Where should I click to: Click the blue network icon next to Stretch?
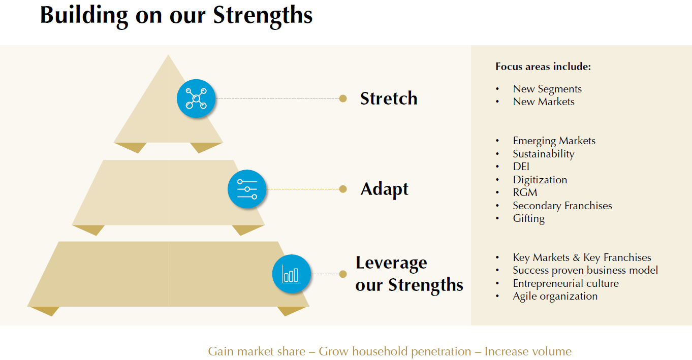coord(196,99)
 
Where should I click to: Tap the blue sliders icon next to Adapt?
coord(247,189)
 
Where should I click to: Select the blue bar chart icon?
coord(291,274)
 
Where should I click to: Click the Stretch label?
coord(389,99)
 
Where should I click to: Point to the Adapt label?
coord(384,189)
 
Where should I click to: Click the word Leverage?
coord(391,264)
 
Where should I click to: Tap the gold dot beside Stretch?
coord(343,99)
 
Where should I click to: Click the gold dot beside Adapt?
coord(343,189)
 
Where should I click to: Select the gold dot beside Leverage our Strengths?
coord(343,274)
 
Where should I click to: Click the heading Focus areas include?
coord(543,67)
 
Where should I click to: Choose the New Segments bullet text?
coord(547,89)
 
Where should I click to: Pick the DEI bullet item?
coord(521,167)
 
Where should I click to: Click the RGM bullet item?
coord(525,192)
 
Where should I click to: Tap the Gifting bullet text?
coord(528,219)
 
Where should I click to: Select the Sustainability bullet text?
coord(544,154)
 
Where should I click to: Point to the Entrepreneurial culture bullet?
coord(565,283)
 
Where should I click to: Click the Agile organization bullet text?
coord(555,297)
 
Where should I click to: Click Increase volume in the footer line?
coord(528,351)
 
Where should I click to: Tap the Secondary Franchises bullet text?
coord(562,206)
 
